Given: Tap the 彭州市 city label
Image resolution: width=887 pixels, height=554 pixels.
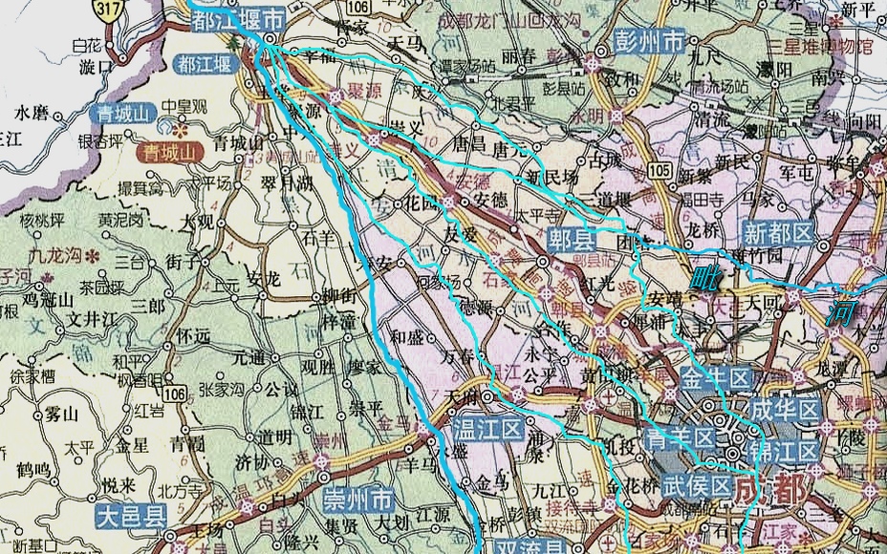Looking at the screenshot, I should [x=649, y=42].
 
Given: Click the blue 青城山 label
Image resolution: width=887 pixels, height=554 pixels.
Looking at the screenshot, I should [x=124, y=113].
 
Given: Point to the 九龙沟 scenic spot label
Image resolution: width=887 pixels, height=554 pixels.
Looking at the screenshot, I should [x=55, y=255].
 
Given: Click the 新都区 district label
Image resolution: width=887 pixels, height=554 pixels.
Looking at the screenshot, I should [x=778, y=231].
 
